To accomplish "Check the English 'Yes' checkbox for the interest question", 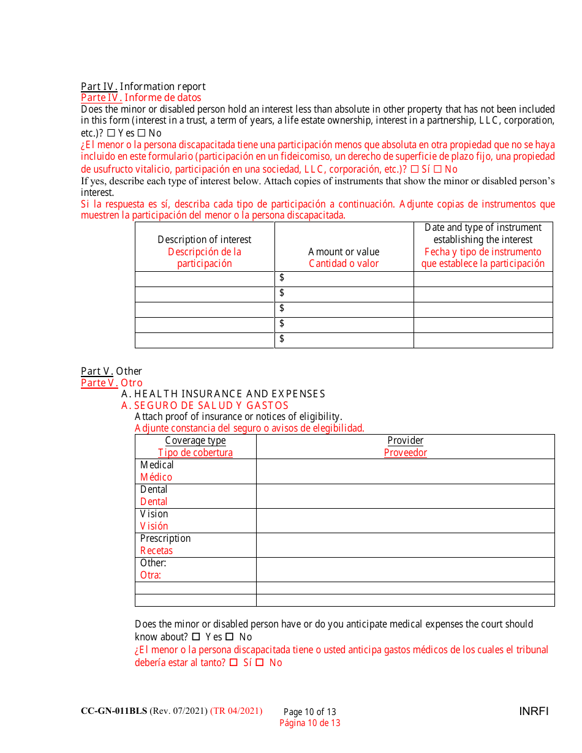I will click(x=111, y=133).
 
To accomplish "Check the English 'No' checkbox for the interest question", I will click(x=141, y=133).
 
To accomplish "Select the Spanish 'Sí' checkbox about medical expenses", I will click(x=233, y=662).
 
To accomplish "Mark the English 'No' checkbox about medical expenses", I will click(x=230, y=637).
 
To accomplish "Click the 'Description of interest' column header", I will click(x=204, y=239).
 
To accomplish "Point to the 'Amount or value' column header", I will click(x=344, y=252).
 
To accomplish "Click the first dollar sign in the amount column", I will click(x=282, y=278).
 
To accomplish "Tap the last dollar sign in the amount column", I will click(x=282, y=339).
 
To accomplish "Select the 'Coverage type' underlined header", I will click(x=195, y=441).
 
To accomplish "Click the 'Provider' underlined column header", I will click(x=405, y=441).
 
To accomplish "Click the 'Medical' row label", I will click(x=157, y=465).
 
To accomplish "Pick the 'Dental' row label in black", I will click(x=154, y=490).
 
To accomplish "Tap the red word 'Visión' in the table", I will click(x=154, y=526).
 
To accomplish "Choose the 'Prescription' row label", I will click(x=165, y=539).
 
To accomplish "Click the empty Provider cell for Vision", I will click(x=405, y=520).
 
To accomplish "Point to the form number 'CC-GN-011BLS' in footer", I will click(x=114, y=711).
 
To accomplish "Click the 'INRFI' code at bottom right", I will click(x=534, y=711).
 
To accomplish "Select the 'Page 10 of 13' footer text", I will click(x=309, y=712).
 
